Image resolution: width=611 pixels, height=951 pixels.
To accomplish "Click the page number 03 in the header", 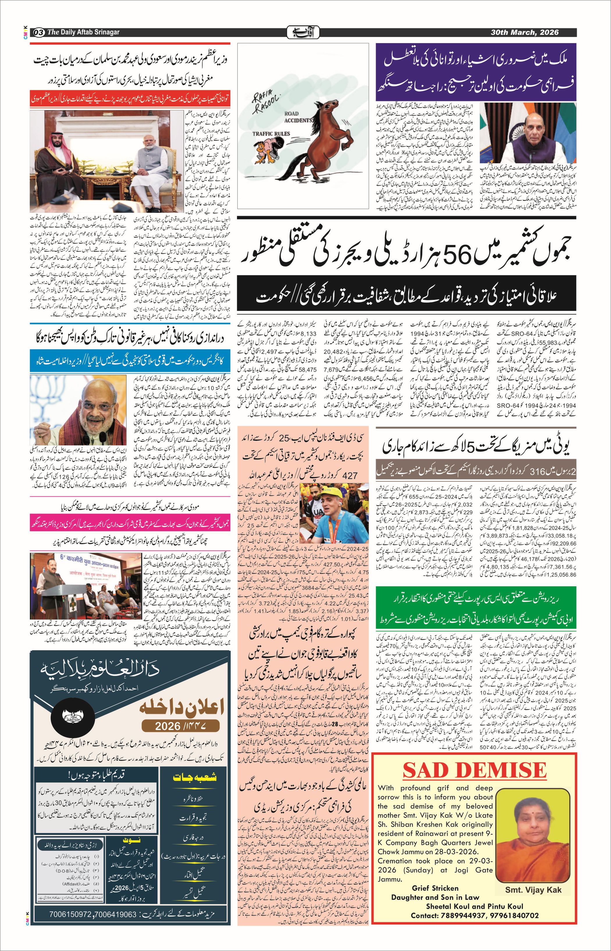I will coord(39,32).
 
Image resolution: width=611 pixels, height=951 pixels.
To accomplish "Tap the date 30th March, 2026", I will coord(525,32).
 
